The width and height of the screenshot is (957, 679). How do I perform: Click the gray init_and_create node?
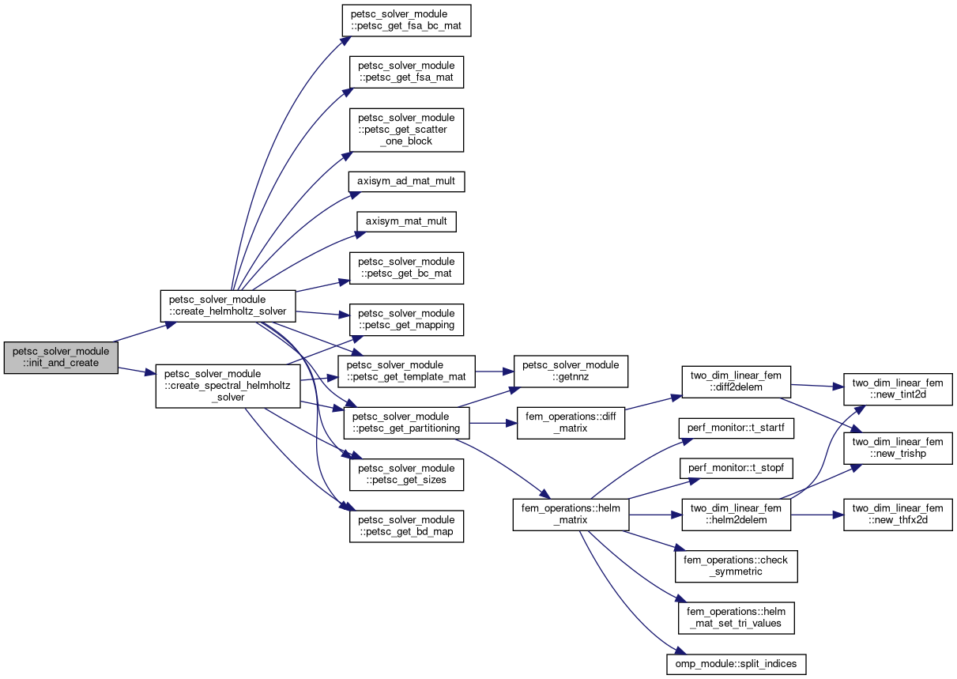click(61, 357)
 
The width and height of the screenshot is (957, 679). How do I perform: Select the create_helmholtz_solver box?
click(228, 306)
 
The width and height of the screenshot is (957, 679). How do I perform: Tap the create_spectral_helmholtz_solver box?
click(227, 386)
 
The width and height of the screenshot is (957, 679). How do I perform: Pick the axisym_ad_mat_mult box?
click(406, 181)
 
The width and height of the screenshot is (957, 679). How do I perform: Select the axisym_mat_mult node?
click(406, 221)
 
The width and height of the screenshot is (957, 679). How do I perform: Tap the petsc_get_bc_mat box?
click(406, 267)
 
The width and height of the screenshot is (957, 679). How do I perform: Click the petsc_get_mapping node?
click(406, 319)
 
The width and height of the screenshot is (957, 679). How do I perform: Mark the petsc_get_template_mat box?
click(406, 370)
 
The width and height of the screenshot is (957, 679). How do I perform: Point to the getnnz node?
click(571, 370)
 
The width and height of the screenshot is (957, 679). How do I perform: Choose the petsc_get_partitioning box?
click(406, 422)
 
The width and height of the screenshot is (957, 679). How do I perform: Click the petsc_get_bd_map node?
click(406, 526)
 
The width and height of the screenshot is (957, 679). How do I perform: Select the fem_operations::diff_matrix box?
click(571, 422)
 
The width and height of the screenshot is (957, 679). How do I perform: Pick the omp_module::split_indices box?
click(736, 663)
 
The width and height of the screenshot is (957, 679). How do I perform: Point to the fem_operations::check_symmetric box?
click(736, 565)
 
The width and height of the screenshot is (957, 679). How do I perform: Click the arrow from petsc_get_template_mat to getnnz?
click(495, 370)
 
